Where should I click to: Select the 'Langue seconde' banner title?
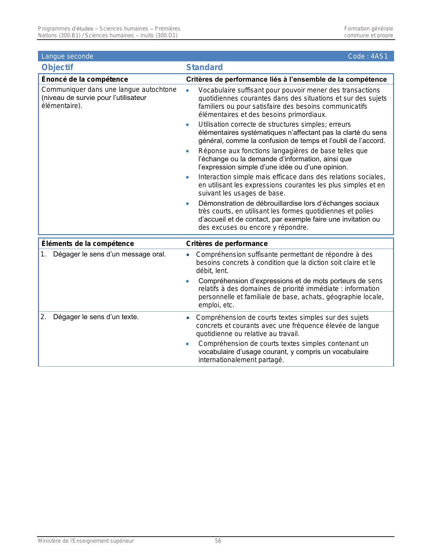coord(67,56)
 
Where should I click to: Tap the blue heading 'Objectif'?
coord(57,67)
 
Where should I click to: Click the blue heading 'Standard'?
coord(204,67)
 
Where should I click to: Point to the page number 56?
coord(218,541)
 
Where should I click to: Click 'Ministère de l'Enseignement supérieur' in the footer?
coord(86,541)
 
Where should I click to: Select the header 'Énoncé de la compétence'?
coord(85,79)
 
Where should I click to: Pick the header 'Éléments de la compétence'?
coord(87,244)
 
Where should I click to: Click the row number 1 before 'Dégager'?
coord(43,254)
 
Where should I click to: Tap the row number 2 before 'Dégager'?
coord(43,317)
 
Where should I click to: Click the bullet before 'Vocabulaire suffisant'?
coord(187,90)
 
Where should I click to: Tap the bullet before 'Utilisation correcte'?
coord(187,125)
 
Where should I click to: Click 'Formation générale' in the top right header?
coord(368,29)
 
